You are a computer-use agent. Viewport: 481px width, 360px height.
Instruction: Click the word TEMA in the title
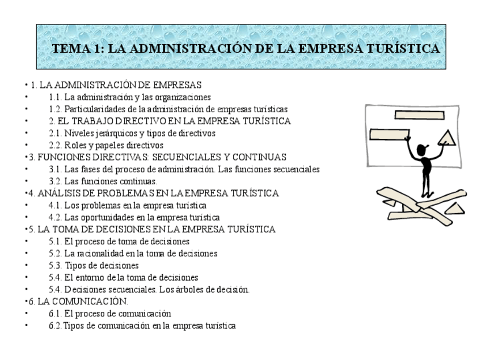point(69,49)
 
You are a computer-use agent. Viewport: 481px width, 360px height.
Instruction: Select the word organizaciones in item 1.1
point(183,98)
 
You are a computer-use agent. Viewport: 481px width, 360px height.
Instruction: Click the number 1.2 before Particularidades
point(55,109)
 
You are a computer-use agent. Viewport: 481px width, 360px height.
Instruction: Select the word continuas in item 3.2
point(138,181)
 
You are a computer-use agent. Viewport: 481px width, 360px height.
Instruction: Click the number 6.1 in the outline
point(55,314)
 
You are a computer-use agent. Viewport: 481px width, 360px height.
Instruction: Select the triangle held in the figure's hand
point(448,138)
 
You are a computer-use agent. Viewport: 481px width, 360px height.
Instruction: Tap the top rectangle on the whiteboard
point(419,115)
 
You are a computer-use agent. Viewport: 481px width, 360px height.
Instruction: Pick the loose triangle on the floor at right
point(454,208)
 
